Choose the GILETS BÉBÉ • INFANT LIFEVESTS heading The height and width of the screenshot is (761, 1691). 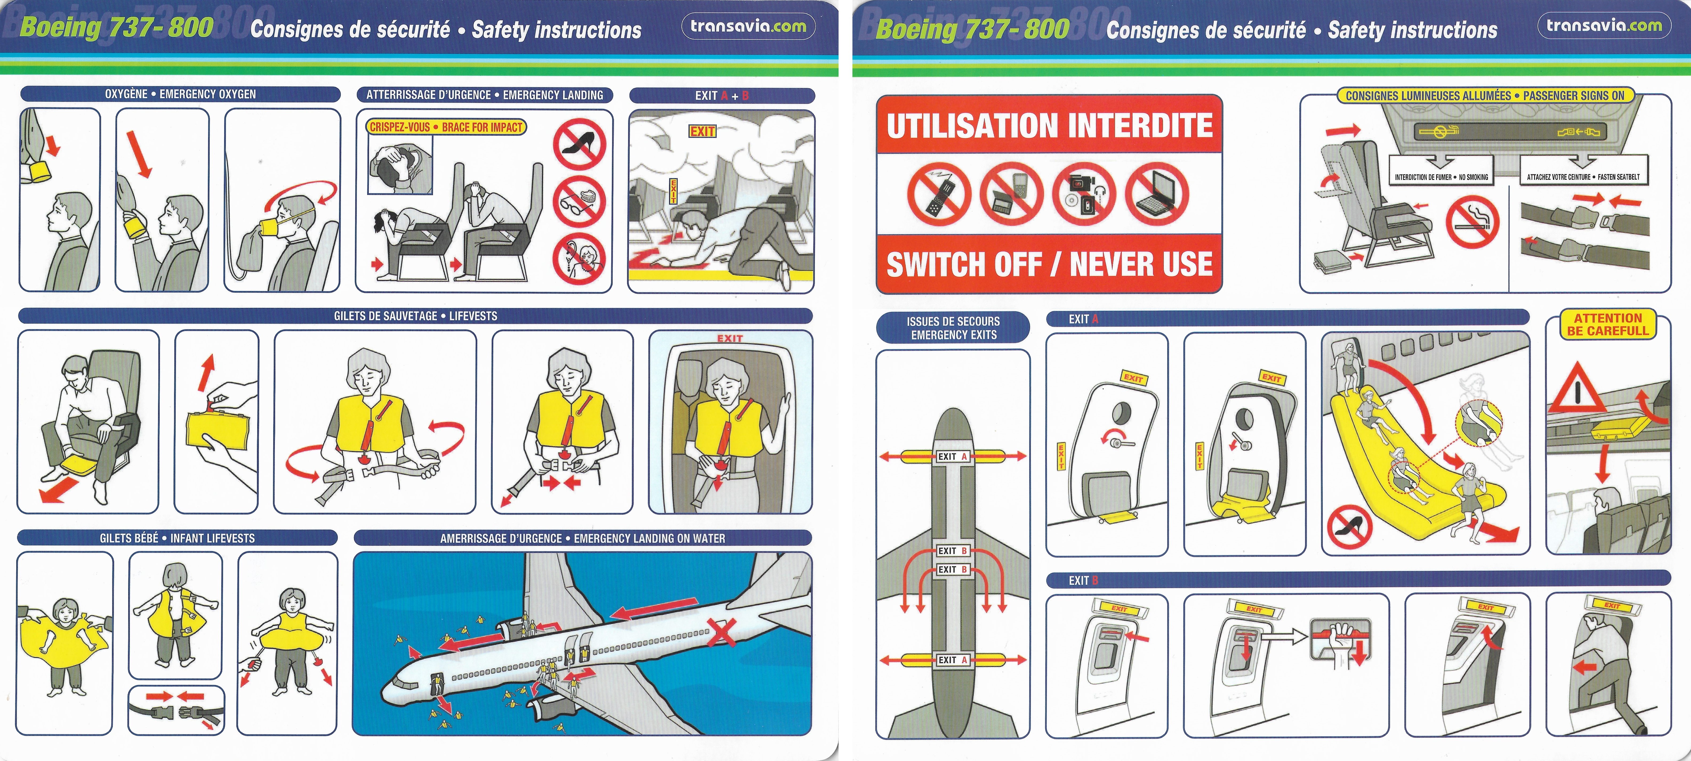point(177,538)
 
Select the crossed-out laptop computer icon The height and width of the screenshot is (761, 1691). point(1157,194)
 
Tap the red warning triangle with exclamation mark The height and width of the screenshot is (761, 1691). point(1577,389)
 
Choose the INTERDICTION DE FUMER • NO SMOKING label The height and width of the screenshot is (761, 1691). point(1442,177)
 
